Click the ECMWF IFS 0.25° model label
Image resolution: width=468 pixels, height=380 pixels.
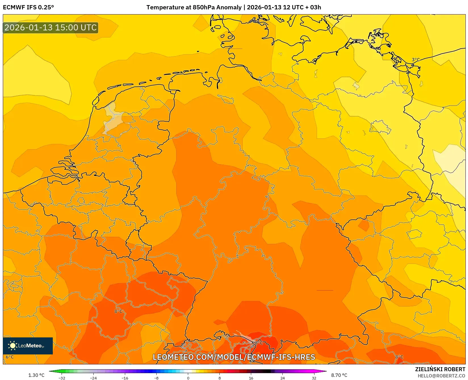pyautogui.click(x=28, y=7)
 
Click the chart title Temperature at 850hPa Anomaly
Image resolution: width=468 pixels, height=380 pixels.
pyautogui.click(x=194, y=7)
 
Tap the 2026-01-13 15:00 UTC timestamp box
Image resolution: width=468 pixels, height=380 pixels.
pyautogui.click(x=51, y=28)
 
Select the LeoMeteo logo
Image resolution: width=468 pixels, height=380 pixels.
pyautogui.click(x=28, y=346)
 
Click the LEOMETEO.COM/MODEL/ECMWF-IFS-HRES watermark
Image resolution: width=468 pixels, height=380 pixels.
pyautogui.click(x=234, y=357)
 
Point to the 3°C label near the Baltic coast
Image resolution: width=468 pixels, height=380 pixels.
pyautogui.click(x=415, y=60)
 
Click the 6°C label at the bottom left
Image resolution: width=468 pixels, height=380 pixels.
pyautogui.click(x=10, y=357)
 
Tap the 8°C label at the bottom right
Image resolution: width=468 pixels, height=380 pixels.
pyautogui.click(x=399, y=357)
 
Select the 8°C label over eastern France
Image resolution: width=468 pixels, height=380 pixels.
pyautogui.click(x=118, y=311)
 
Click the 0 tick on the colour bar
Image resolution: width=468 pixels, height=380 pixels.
pyautogui.click(x=188, y=378)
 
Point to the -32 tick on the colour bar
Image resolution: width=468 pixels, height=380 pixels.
pyautogui.click(x=62, y=378)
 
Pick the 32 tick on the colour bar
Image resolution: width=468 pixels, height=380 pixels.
pyautogui.click(x=314, y=378)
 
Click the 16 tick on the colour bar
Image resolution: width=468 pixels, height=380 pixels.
pyautogui.click(x=251, y=378)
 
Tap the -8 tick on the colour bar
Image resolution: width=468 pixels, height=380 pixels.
pyautogui.click(x=156, y=378)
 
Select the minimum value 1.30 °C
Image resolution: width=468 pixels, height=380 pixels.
pyautogui.click(x=36, y=375)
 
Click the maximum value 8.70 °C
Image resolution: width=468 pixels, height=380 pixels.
pyautogui.click(x=339, y=375)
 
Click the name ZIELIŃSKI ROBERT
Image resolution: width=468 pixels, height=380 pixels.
pyautogui.click(x=440, y=369)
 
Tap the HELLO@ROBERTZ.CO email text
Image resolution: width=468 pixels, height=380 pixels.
pyautogui.click(x=441, y=376)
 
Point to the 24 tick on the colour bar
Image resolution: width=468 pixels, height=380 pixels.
pyautogui.click(x=282, y=378)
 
